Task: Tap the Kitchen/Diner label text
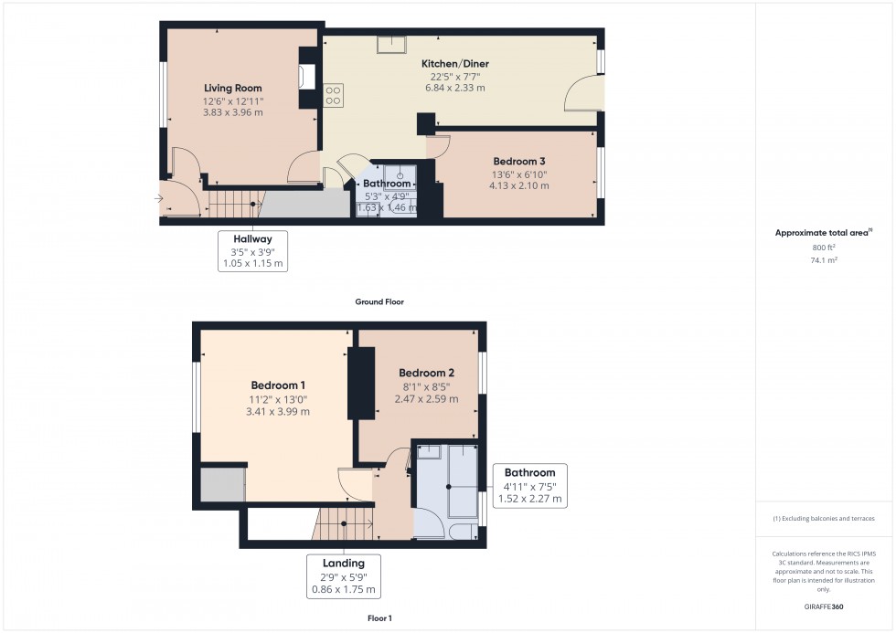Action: click(454, 64)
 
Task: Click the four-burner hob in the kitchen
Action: click(333, 94)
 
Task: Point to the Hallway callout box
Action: click(252, 251)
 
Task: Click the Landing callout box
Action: click(343, 576)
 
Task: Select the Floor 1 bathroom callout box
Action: click(530, 486)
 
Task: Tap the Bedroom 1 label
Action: click(278, 385)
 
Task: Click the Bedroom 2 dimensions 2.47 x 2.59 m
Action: click(426, 399)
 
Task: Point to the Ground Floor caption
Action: click(379, 301)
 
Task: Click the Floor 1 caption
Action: click(378, 618)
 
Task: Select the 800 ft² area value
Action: click(824, 248)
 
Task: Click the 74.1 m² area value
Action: click(824, 259)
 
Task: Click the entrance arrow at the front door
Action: click(161, 196)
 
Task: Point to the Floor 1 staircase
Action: click(344, 523)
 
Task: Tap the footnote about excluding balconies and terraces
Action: click(823, 518)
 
